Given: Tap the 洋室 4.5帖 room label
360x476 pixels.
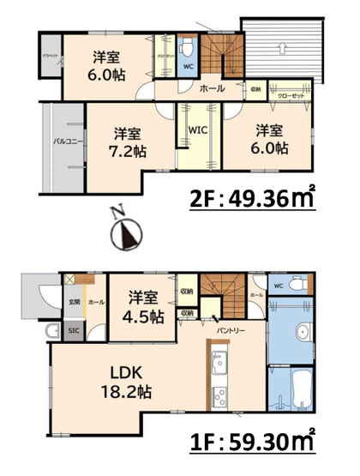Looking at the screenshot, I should (x=143, y=307).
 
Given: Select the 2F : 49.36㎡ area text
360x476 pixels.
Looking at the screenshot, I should (x=252, y=200).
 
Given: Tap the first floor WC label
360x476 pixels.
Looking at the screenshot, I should (x=278, y=286).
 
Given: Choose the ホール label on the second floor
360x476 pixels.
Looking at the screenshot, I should (x=211, y=89).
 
